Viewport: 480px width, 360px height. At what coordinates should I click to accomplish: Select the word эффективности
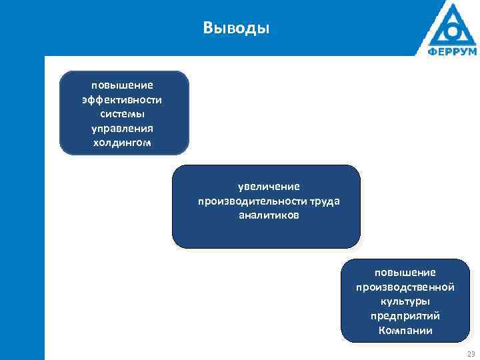click(123, 100)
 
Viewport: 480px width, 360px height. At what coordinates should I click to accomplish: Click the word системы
click(123, 114)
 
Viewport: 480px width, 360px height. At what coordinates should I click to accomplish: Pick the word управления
click(123, 129)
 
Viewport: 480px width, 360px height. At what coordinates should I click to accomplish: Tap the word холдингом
click(123, 143)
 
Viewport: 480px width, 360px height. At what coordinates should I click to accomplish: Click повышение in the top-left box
click(123, 85)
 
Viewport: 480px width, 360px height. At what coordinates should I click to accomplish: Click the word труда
click(324, 201)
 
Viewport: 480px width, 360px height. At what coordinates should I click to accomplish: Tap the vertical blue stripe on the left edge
click(22, 207)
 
